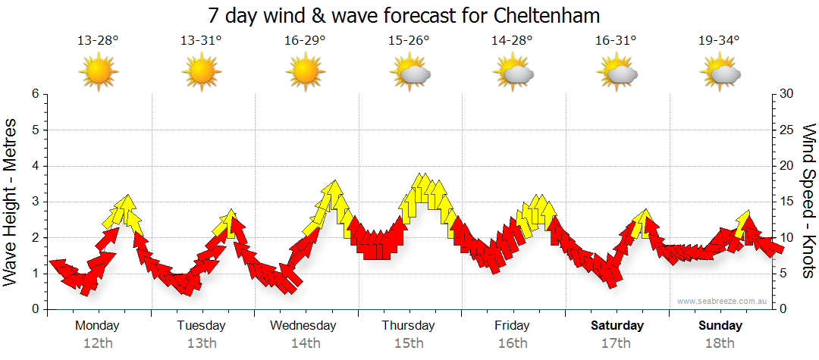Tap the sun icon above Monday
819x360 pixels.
(98, 73)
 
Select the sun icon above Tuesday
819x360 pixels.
(201, 73)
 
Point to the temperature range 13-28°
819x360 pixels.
(98, 40)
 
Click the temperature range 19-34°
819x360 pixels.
(719, 40)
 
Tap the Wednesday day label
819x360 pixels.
(303, 326)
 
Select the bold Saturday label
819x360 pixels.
(617, 326)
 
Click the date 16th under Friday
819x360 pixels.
(513, 343)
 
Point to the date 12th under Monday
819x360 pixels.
(98, 343)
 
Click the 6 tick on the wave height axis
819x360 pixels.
(35, 94)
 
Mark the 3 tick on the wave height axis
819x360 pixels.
(35, 202)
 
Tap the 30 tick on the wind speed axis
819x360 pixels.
(787, 94)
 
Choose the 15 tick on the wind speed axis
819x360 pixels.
(787, 202)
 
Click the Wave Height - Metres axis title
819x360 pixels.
(11, 202)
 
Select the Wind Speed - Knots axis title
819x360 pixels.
(808, 201)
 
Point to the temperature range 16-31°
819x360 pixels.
(616, 40)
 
